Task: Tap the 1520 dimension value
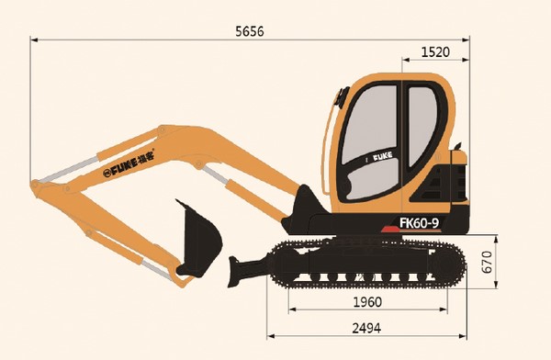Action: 434,52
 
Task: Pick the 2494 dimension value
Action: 366,328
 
